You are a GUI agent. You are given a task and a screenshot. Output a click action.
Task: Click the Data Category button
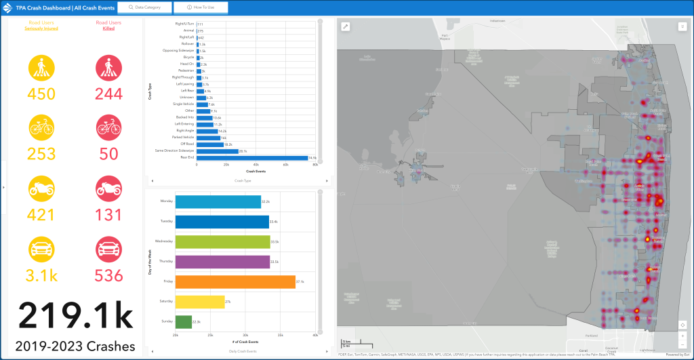click(144, 7)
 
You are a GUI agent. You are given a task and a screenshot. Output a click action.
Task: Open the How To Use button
click(200, 7)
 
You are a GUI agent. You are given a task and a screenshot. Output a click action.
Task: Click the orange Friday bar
click(234, 281)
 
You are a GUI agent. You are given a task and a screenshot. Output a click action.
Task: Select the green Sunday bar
click(183, 321)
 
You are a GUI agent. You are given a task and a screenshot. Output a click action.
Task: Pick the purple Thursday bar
click(222, 262)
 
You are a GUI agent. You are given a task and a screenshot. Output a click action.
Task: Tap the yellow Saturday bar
click(199, 302)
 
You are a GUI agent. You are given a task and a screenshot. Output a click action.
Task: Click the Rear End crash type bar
click(251, 158)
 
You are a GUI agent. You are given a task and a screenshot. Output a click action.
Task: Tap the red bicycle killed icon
click(108, 128)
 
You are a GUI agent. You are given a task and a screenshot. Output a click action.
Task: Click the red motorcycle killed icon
click(108, 188)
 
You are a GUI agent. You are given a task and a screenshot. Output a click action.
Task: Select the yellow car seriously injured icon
click(41, 247)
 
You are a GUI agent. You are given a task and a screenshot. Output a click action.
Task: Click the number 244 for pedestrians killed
click(108, 94)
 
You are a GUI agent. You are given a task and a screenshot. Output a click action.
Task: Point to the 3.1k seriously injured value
click(41, 275)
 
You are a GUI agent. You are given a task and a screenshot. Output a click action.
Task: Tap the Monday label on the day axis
click(166, 201)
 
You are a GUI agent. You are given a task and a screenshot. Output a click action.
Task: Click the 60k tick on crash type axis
click(286, 165)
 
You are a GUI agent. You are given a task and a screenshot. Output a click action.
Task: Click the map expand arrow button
click(345, 27)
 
